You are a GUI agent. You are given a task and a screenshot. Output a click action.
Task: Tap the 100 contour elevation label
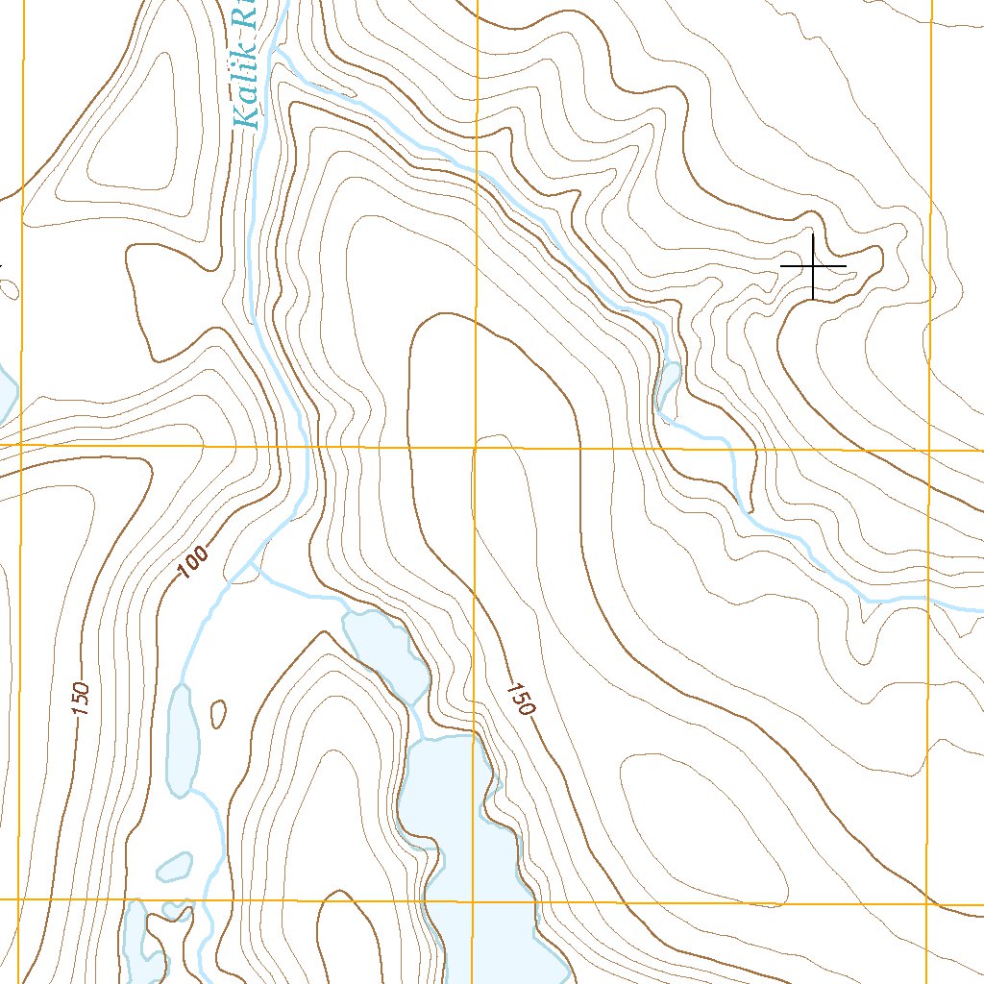click(193, 564)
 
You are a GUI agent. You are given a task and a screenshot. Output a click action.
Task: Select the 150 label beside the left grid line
click(81, 699)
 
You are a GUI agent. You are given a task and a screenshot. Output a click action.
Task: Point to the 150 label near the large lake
click(519, 699)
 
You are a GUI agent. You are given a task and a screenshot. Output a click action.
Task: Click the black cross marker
click(813, 265)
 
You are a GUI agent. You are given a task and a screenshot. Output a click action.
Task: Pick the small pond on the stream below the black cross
click(669, 381)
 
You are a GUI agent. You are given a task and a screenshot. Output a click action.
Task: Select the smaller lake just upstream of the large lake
click(384, 653)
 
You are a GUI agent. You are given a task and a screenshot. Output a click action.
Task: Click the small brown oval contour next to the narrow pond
click(218, 713)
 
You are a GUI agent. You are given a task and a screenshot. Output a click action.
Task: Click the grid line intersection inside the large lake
click(472, 903)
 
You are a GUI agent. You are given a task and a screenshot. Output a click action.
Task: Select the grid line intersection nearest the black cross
click(930, 450)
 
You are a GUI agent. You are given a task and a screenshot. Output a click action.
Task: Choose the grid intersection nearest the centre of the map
click(476, 448)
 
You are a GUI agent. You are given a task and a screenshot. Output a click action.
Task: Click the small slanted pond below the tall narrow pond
click(174, 867)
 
